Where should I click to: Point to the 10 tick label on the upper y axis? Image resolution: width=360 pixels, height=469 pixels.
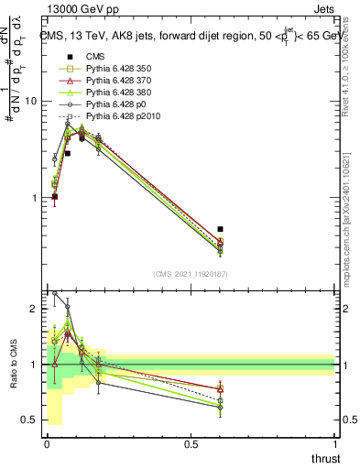[32, 102]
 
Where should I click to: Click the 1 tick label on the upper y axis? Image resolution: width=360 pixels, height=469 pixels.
[35, 198]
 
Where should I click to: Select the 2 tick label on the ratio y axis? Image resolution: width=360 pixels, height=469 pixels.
[35, 310]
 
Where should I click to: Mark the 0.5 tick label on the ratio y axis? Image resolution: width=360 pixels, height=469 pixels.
[30, 420]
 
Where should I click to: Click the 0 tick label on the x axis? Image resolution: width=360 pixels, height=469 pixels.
[47, 443]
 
